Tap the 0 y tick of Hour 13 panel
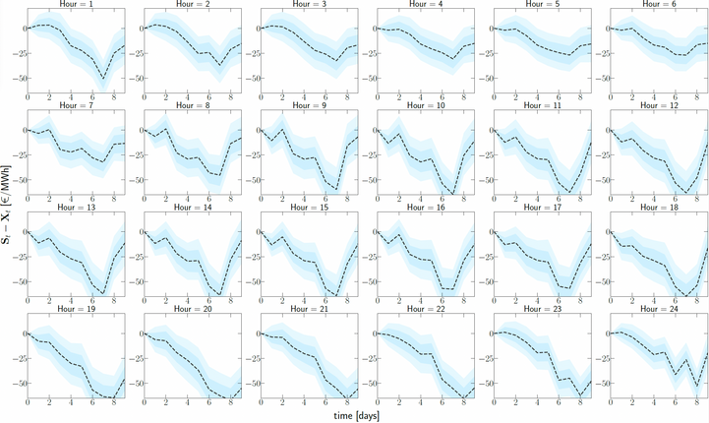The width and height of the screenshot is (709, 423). [x=21, y=231]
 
